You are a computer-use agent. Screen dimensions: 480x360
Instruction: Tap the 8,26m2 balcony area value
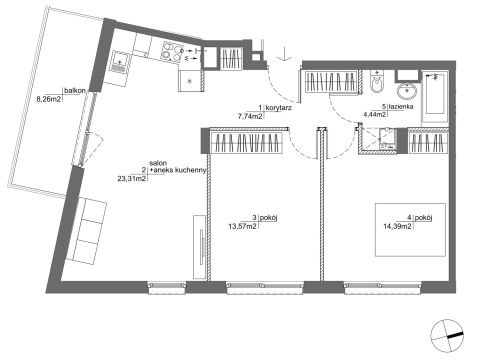point(49,99)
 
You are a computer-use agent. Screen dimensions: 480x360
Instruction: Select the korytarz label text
point(279,108)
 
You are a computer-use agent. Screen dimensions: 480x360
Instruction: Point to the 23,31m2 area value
point(132,178)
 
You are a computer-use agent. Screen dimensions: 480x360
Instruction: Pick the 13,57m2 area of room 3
point(242,226)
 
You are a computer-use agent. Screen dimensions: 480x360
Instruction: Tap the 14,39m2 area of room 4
point(397,226)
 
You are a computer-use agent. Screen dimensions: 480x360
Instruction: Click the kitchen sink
point(120,62)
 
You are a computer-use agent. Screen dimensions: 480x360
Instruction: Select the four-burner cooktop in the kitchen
point(172,53)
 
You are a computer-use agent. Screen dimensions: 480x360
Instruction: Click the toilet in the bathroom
point(377,82)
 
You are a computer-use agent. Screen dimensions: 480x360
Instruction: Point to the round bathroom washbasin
point(407,91)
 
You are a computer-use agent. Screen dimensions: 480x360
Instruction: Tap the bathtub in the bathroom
point(435,97)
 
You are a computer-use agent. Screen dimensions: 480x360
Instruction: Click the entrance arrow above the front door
point(284,54)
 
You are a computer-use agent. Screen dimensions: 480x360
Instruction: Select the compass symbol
point(447,335)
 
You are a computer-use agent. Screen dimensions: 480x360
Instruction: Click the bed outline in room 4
point(410,230)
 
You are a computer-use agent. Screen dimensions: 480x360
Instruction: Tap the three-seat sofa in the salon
point(87,230)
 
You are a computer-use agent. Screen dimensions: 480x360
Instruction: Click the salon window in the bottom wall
point(167,288)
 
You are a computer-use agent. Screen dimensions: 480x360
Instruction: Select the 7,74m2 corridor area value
point(250,116)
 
